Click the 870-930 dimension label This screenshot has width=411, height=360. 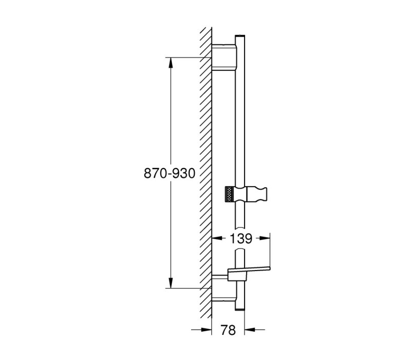170,173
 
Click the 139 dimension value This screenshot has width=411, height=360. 241,239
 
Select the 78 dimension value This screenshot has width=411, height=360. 228,330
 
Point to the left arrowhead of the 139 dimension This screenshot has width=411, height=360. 217,238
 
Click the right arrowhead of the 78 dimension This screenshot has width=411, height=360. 250,330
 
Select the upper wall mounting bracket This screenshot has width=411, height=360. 224,57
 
